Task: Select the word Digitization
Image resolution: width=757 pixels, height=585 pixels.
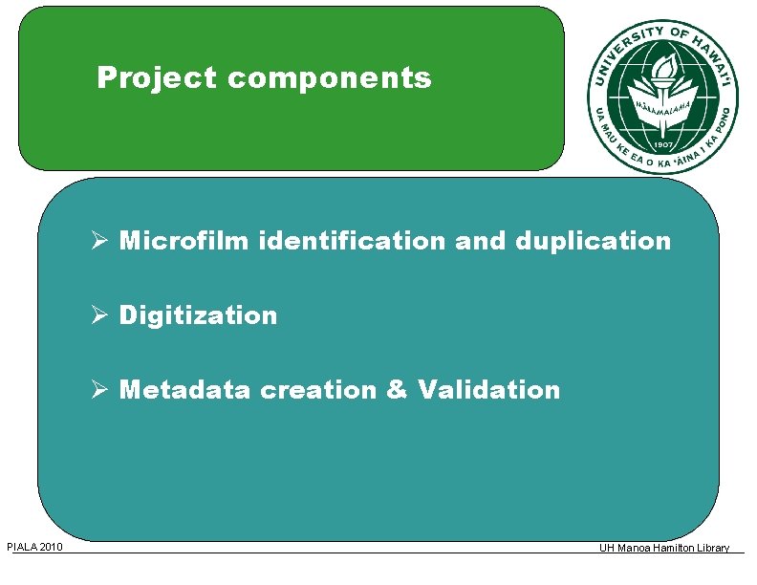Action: (198, 315)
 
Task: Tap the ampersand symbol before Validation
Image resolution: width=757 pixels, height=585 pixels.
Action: (399, 390)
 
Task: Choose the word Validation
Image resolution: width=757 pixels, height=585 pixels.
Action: (488, 390)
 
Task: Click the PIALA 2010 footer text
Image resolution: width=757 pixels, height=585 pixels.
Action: (34, 547)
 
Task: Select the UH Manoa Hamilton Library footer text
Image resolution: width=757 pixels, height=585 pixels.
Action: (663, 548)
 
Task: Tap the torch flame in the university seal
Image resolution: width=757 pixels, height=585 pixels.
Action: (663, 66)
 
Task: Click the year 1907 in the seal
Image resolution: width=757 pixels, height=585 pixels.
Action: (662, 134)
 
